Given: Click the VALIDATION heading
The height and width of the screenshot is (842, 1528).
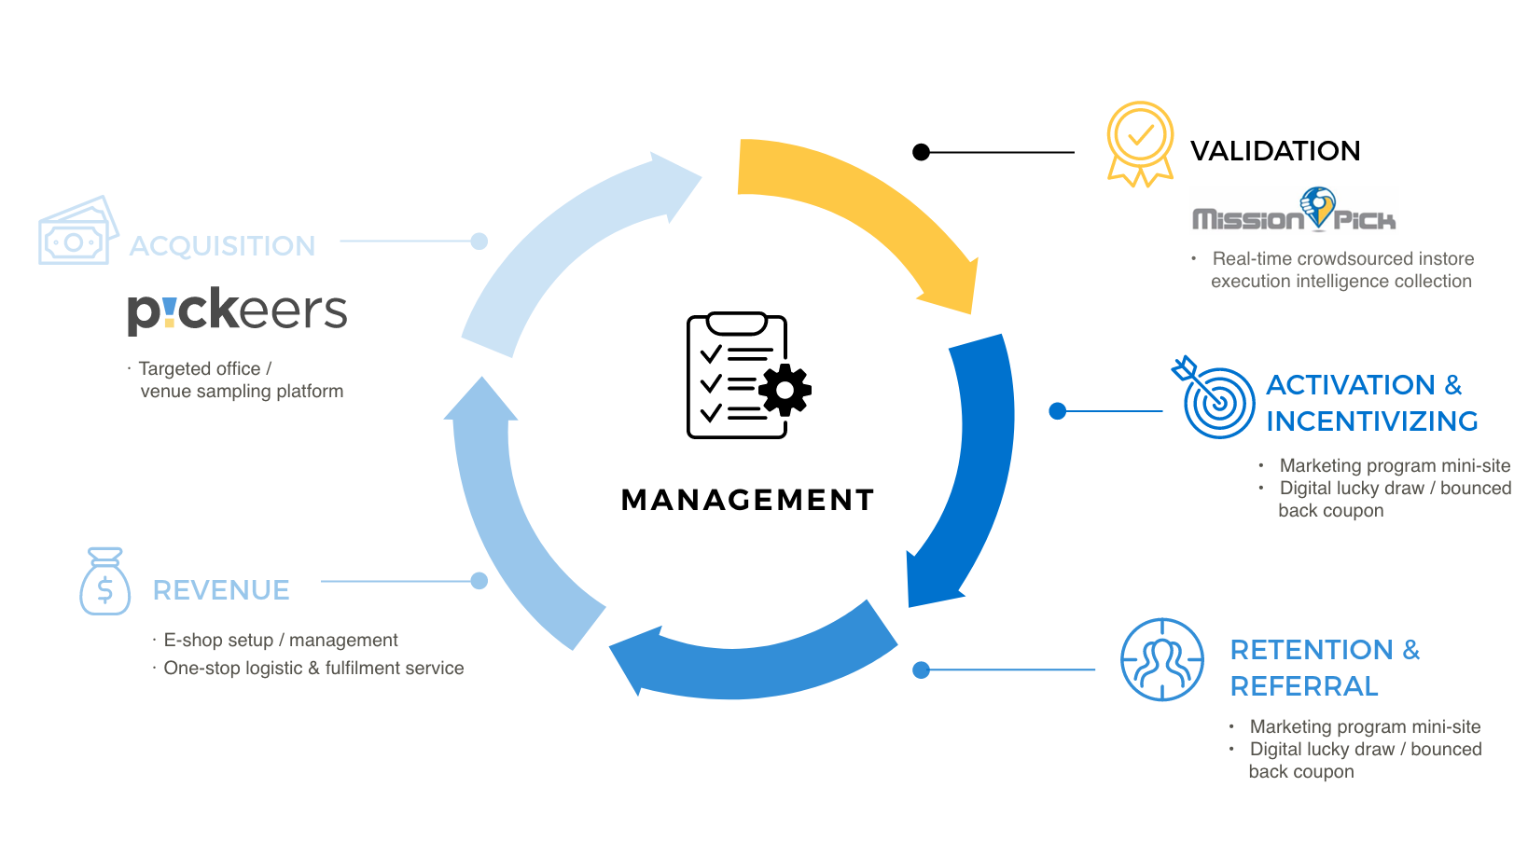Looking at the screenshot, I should pos(1274,151).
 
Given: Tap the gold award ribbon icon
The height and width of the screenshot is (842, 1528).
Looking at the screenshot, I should pos(1139,142).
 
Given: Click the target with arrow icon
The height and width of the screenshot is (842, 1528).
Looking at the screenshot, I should pos(1215,400).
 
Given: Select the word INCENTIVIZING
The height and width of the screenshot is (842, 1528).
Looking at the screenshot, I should pos(1371,421).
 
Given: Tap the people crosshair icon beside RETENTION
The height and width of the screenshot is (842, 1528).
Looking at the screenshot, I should pos(1161,659).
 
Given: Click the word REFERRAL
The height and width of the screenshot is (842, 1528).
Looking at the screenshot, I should pos(1303,686).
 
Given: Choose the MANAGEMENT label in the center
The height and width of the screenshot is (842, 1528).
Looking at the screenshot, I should pos(747,500).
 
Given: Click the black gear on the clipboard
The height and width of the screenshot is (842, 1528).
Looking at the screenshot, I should pos(785,390).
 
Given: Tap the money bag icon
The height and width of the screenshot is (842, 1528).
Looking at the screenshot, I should pos(104,582).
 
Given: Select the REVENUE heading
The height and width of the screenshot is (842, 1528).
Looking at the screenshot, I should pos(221,590).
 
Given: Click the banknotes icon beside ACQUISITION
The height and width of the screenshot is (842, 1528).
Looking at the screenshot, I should pos(76,232).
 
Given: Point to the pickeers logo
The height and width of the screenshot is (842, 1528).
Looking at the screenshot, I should pos(237,311).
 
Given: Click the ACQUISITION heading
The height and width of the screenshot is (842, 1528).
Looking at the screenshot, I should pos(222,246).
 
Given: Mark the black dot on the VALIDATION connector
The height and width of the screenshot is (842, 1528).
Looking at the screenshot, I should pos(922,152).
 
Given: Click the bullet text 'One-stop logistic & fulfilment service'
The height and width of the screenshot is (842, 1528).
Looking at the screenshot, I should pos(313,669).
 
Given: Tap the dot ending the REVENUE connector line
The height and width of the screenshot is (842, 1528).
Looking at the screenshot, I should pos(479,581).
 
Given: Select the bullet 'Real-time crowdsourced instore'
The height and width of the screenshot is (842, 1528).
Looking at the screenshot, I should pos(1342,259).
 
